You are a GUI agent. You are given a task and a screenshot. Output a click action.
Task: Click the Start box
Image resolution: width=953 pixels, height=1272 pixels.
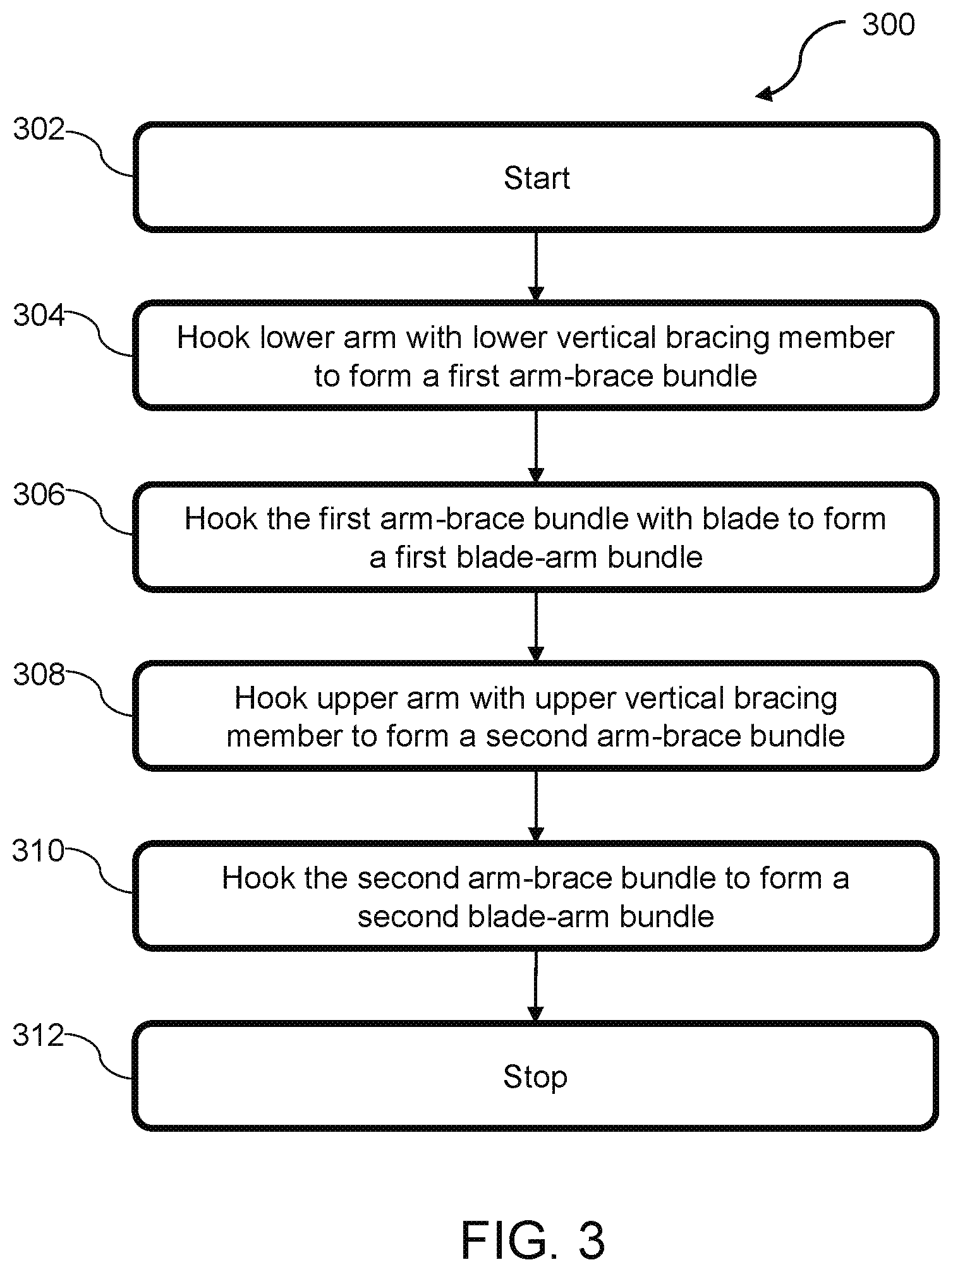pos(536,177)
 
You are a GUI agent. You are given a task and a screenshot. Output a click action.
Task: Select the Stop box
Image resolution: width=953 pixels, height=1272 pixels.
pos(536,1076)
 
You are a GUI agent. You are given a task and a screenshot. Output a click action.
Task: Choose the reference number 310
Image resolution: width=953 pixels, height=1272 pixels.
pos(38,851)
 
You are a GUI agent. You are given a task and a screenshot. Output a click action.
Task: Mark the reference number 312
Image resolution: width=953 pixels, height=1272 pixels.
pos(38,1036)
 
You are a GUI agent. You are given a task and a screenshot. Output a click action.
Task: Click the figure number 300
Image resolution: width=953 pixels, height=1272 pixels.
pos(889,25)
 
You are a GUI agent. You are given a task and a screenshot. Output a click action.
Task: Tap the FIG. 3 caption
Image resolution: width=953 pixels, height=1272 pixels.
pos(533,1240)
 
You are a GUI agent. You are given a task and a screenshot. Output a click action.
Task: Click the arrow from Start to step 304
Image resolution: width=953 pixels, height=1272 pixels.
pos(536,267)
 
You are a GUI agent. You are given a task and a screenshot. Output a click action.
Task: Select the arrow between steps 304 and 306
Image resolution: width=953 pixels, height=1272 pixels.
pos(536,446)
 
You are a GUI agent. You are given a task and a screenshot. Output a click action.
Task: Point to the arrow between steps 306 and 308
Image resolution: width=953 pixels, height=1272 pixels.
pos(536,626)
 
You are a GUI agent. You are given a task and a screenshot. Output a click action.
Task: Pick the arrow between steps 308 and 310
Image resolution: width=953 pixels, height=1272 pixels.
pos(536,806)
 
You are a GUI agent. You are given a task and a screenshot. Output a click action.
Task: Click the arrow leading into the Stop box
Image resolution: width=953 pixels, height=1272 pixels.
pos(536,986)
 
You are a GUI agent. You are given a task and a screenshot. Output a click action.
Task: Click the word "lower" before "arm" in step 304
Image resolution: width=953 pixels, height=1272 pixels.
pos(296,338)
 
